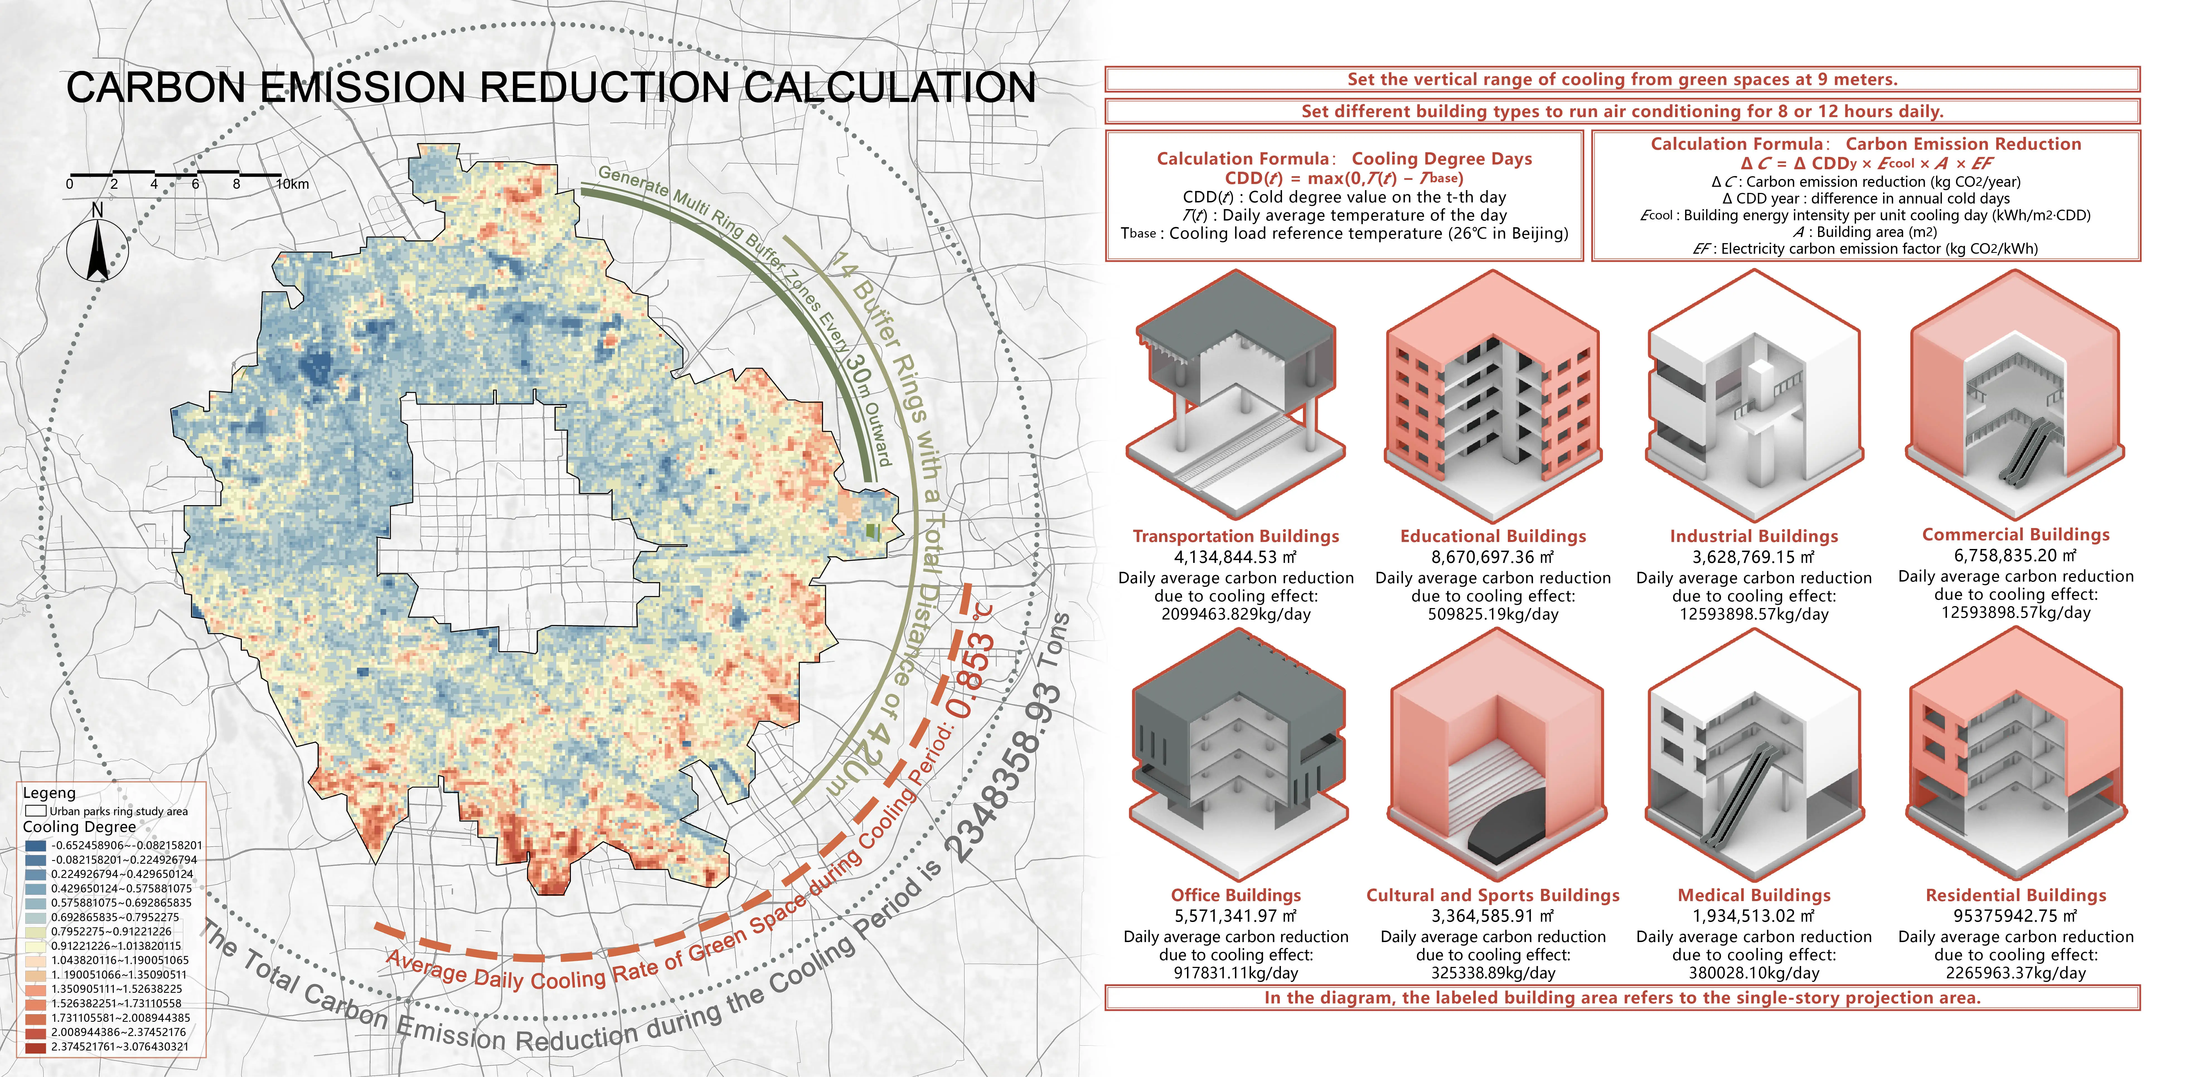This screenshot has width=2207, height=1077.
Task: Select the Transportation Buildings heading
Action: pyautogui.click(x=1235, y=536)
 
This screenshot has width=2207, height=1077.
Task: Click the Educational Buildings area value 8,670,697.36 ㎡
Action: pyautogui.click(x=1493, y=557)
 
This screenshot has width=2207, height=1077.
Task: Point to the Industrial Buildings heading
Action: pyautogui.click(x=1754, y=536)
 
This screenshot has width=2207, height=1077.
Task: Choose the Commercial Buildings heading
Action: pyautogui.click(x=2015, y=535)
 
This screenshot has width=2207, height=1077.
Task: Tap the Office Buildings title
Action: pyautogui.click(x=1235, y=895)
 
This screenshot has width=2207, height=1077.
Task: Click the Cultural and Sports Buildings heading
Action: pyautogui.click(x=1493, y=895)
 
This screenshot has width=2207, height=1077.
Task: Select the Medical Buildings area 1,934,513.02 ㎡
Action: pyautogui.click(x=1754, y=916)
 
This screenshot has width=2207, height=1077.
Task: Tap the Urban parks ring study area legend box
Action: pyautogui.click(x=35, y=810)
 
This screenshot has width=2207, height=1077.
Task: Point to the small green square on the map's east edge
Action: pyautogui.click(x=872, y=531)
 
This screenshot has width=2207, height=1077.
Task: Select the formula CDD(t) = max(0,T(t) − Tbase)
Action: pyautogui.click(x=1343, y=178)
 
